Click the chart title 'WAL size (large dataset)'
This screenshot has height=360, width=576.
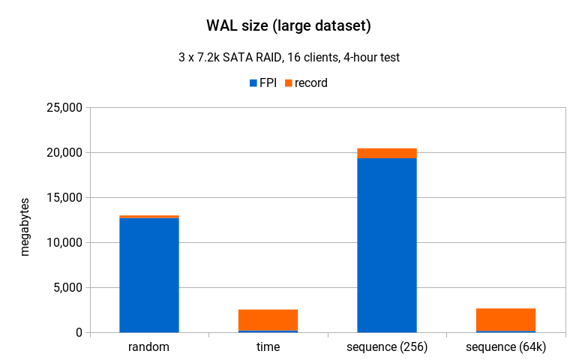point(289,26)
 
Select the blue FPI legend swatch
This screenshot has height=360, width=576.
point(253,83)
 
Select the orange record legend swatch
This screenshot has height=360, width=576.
point(288,83)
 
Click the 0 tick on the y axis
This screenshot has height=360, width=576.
point(78,332)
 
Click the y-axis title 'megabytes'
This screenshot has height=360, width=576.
point(25,227)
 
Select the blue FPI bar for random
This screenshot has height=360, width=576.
point(149,275)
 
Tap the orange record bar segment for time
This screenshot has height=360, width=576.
point(268,319)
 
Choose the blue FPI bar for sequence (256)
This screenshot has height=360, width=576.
point(387,245)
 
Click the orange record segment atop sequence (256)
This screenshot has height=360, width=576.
point(387,154)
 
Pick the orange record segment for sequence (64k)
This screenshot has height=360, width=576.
point(505,319)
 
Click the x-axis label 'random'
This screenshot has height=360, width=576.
point(149,347)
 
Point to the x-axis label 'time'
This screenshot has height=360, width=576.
point(268,347)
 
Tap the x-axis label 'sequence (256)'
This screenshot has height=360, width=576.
point(387,347)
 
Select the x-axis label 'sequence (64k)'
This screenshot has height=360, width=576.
point(505,347)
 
